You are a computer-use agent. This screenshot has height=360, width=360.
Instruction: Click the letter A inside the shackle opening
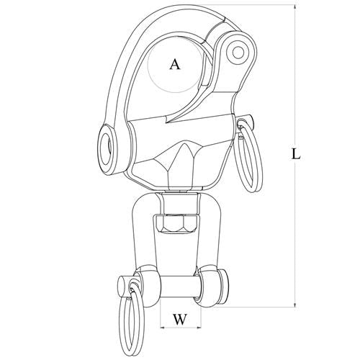(175, 65)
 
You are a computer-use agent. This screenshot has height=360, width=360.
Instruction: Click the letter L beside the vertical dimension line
(296, 154)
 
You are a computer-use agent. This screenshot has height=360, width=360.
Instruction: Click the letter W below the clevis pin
(180, 320)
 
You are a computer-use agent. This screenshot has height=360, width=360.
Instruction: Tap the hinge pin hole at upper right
(238, 52)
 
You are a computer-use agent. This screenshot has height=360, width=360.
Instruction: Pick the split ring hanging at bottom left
(132, 319)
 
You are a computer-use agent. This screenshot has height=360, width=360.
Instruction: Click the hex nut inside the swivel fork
(178, 224)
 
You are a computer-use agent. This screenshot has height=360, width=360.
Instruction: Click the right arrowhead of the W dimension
(198, 328)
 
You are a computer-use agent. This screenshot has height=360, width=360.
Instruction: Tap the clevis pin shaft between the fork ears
(180, 287)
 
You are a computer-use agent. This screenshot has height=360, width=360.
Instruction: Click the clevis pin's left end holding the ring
(125, 286)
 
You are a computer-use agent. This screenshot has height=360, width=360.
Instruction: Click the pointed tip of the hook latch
(167, 122)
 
